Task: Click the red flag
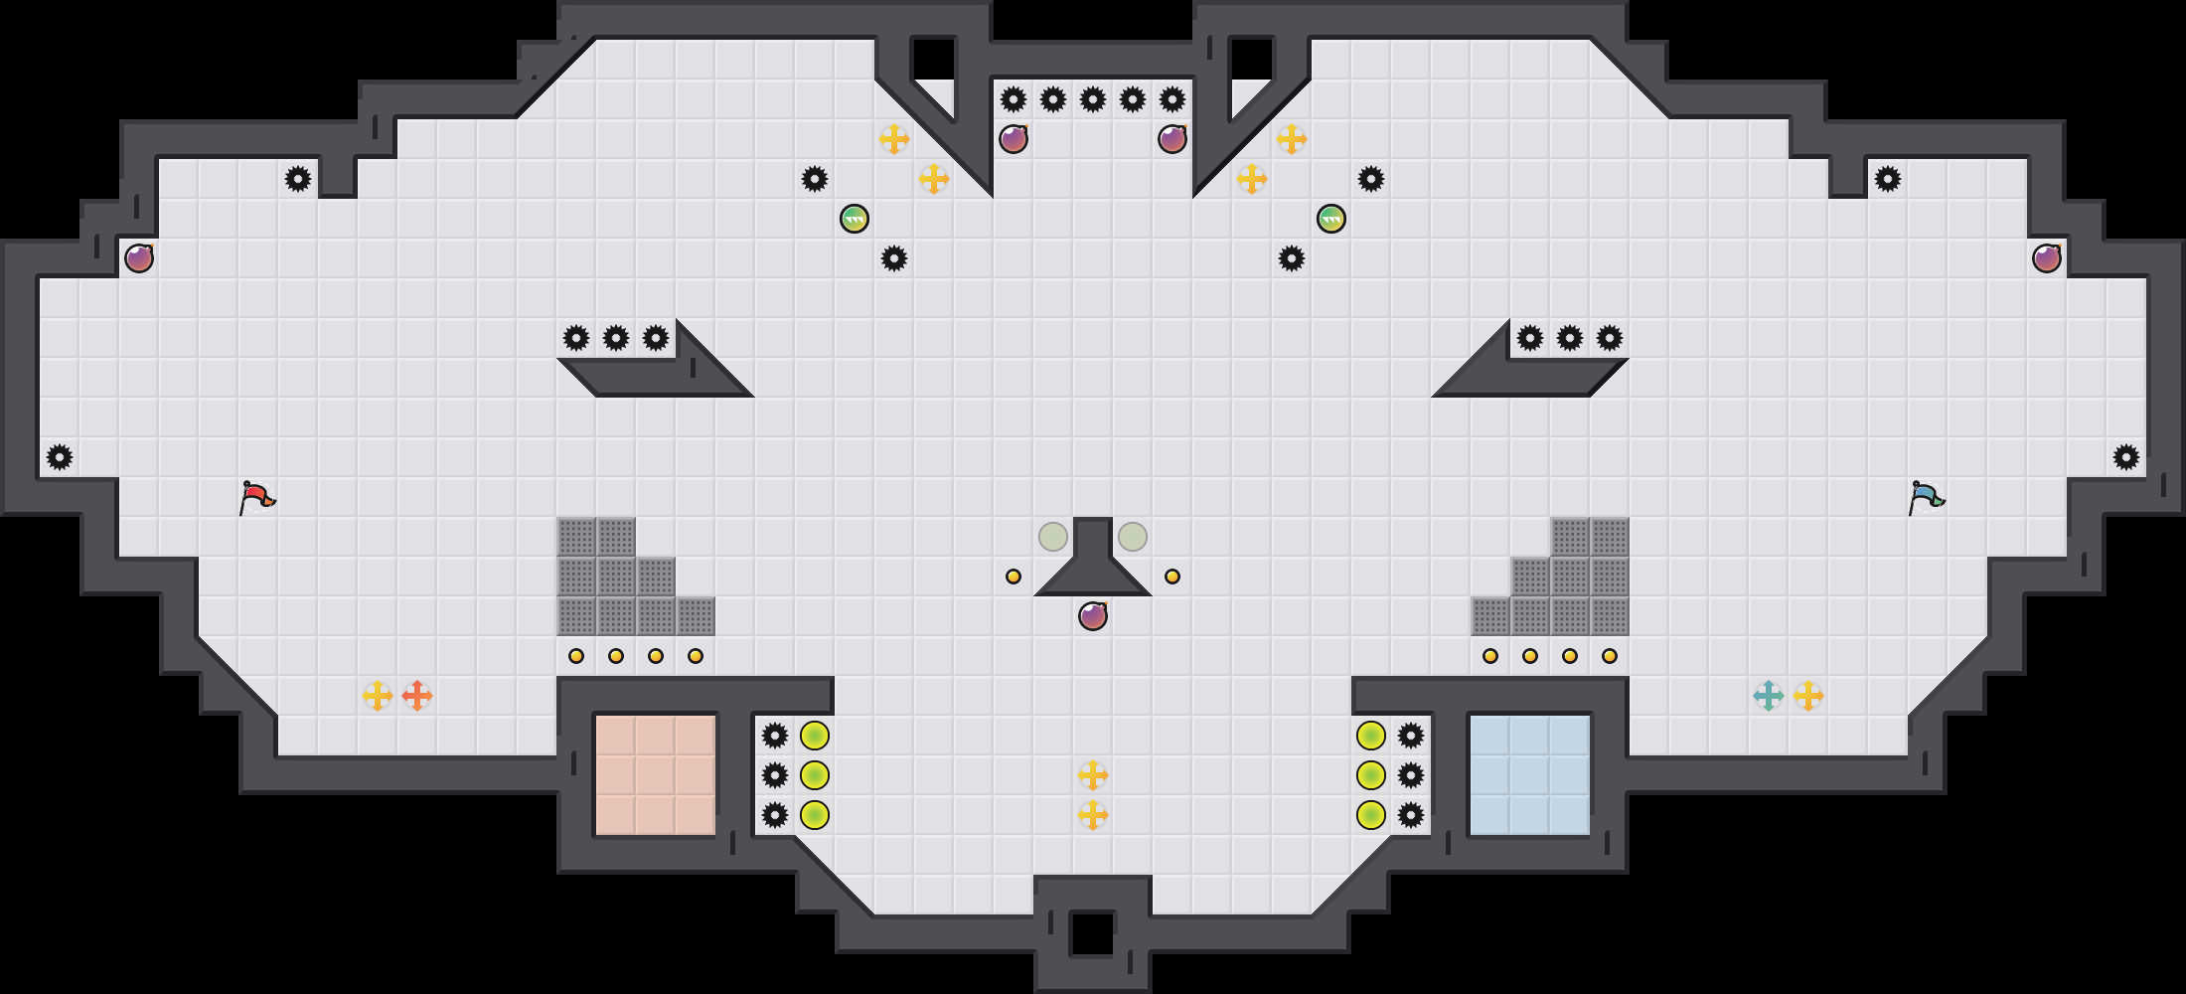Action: (256, 496)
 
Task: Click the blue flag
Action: (1926, 496)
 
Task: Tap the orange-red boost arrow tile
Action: (417, 696)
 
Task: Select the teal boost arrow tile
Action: (1769, 696)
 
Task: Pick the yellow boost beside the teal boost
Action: (1808, 696)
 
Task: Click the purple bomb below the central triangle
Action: (1093, 616)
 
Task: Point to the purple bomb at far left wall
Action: (139, 258)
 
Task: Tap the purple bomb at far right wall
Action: (2047, 258)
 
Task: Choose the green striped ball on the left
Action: (855, 219)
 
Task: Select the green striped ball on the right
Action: (1331, 219)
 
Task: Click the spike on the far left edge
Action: (60, 457)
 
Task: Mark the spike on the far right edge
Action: (2126, 457)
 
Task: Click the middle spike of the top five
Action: (1093, 99)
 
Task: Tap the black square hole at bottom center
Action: (1093, 934)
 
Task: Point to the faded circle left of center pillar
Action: (1053, 537)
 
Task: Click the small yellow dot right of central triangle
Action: (1172, 577)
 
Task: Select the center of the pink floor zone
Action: (656, 775)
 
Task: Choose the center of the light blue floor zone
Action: (1530, 775)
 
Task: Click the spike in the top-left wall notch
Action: (298, 179)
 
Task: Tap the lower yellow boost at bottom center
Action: (1093, 815)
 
